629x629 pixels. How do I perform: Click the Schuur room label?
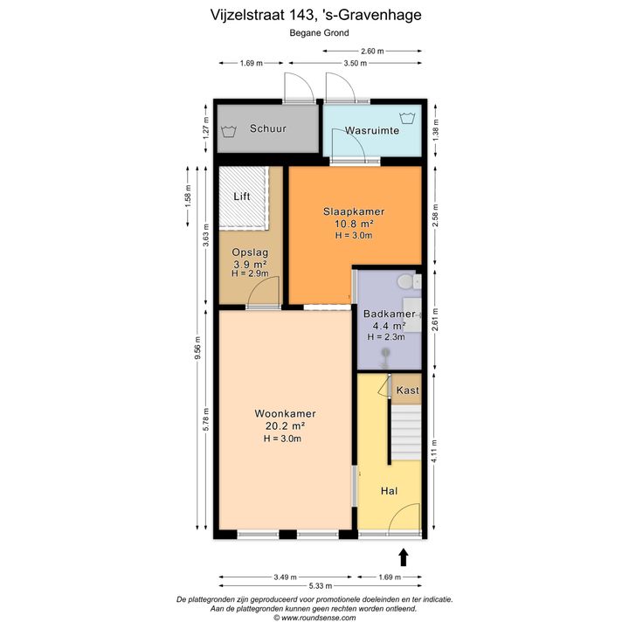(x=268, y=128)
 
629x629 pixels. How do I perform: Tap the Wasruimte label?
(x=372, y=130)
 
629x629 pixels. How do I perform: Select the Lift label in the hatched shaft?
(x=242, y=197)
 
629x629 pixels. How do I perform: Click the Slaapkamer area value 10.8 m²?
(x=354, y=223)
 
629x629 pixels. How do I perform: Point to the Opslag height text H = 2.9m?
(x=250, y=273)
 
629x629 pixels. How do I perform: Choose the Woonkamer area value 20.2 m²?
(x=285, y=425)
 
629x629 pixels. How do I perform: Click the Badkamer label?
(x=389, y=314)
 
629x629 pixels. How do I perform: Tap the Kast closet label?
(x=408, y=390)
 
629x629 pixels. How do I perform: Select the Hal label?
(x=389, y=491)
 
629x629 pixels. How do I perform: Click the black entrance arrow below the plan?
(x=404, y=557)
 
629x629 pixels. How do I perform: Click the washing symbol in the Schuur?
(x=229, y=131)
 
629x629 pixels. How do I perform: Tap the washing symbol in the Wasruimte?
(x=407, y=119)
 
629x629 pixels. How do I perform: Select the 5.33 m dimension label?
(x=320, y=586)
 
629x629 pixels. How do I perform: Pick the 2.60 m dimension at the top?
(x=372, y=51)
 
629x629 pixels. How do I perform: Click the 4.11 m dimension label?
(x=435, y=451)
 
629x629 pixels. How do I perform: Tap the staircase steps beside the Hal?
(x=406, y=432)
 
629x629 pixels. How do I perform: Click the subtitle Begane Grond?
(x=320, y=33)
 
